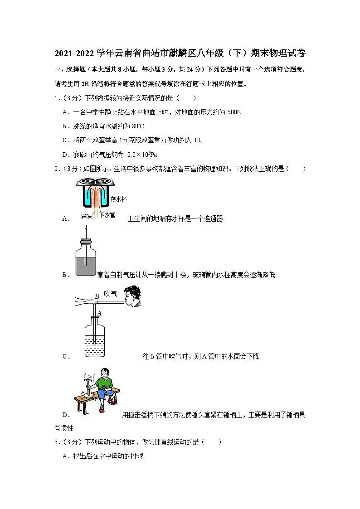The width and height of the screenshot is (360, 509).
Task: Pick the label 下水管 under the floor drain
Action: [x=107, y=216]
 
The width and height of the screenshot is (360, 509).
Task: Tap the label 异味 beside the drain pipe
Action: [x=87, y=216]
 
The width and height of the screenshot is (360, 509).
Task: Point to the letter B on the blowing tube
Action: [x=97, y=296]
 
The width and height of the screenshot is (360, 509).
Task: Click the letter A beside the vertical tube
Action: [x=99, y=312]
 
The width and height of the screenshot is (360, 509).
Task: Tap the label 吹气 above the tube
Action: [x=111, y=294]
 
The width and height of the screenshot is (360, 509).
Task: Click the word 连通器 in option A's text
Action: [x=213, y=219]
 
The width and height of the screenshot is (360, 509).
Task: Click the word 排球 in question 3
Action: [x=137, y=456]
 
